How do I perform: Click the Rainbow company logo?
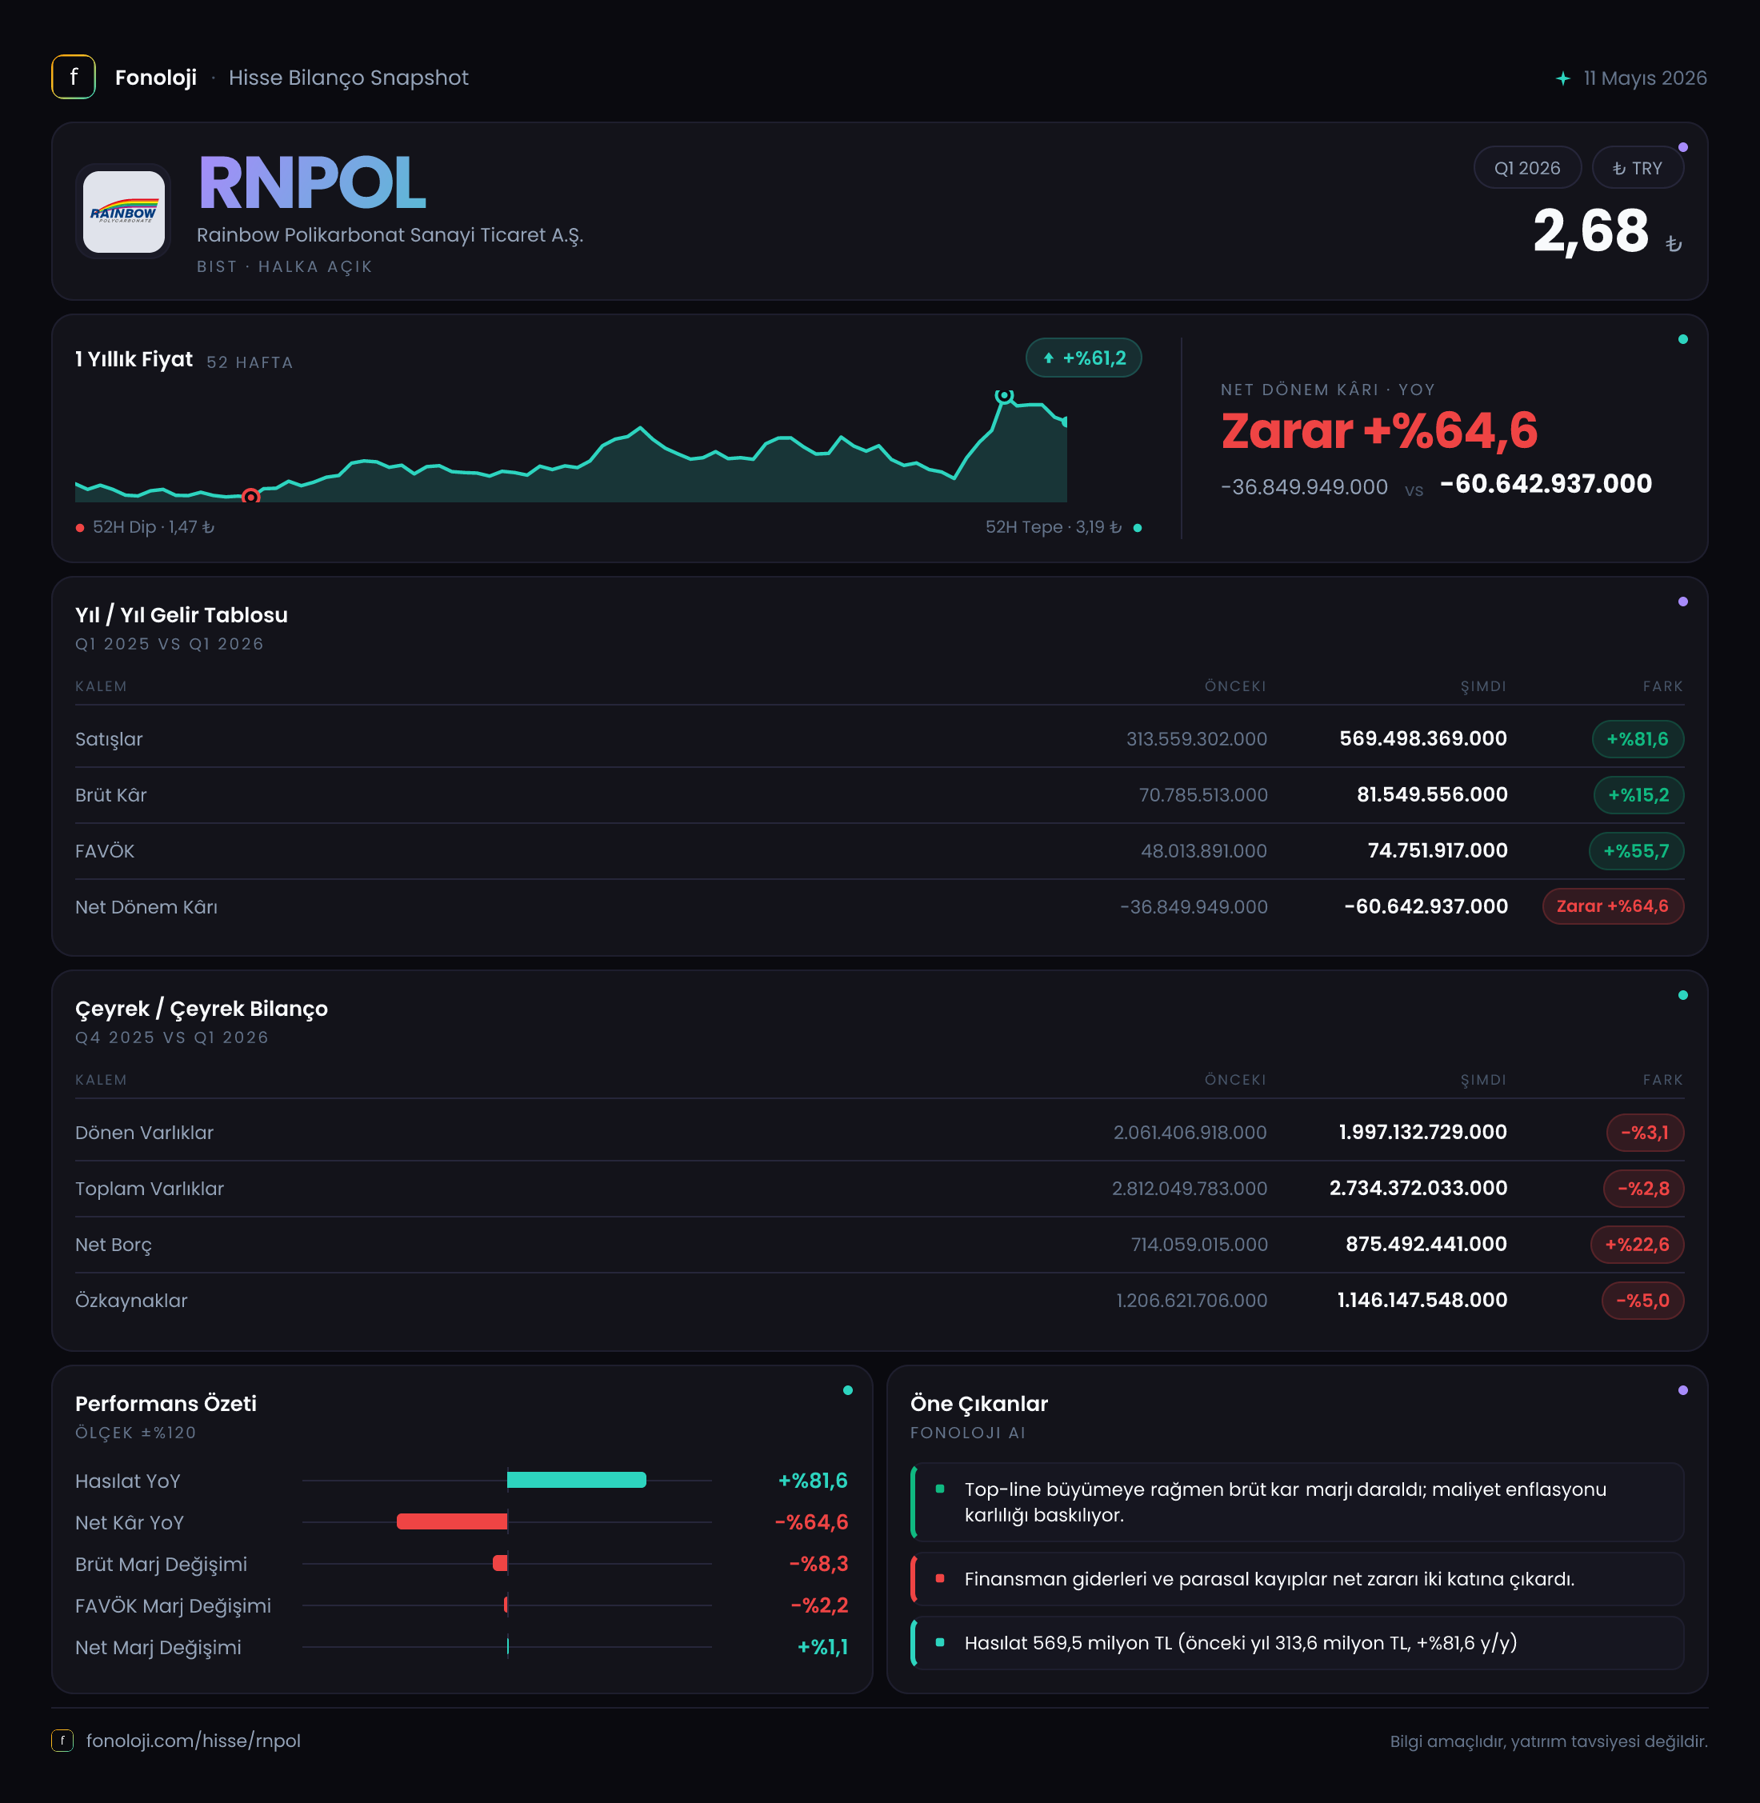[124, 212]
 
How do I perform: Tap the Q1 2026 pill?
[1527, 168]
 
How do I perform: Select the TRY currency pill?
[1637, 168]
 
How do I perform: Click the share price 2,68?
[1590, 230]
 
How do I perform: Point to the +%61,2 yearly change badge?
[1083, 358]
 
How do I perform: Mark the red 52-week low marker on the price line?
[250, 496]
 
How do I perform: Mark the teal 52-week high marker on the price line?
[1004, 395]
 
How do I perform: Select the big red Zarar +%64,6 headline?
[1379, 430]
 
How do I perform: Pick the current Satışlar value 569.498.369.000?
[1422, 738]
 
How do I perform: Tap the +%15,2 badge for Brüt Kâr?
[1638, 795]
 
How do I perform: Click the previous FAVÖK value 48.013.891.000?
[1203, 851]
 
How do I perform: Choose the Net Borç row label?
[114, 1245]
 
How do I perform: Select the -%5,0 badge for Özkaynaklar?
[1642, 1301]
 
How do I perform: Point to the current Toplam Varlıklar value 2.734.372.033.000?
[1418, 1189]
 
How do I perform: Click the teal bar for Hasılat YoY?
[577, 1480]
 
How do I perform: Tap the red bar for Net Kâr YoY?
[452, 1521]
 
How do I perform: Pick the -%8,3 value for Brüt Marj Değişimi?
[818, 1564]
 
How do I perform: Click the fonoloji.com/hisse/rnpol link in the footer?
[193, 1741]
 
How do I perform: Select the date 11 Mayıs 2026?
[1645, 78]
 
